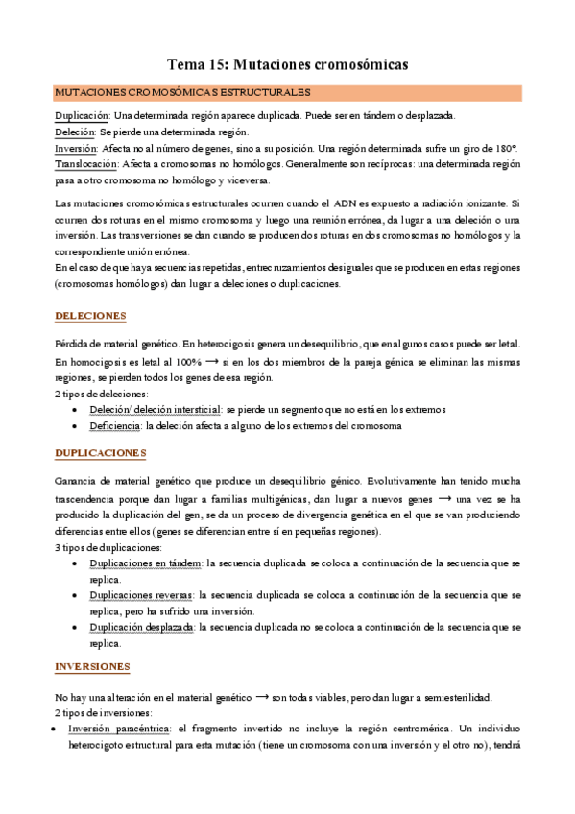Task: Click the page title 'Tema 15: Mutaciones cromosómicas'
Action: pyautogui.click(x=288, y=64)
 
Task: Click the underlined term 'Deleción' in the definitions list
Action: pyautogui.click(x=75, y=132)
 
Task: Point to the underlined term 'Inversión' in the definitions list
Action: pyautogui.click(x=77, y=149)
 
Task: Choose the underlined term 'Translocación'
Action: pyautogui.click(x=86, y=164)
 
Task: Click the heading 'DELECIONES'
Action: pyautogui.click(x=91, y=316)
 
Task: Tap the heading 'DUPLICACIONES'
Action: pyautogui.click(x=101, y=452)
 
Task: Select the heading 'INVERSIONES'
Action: pyautogui.click(x=93, y=666)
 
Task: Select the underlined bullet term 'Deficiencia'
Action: pyautogui.click(x=114, y=424)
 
